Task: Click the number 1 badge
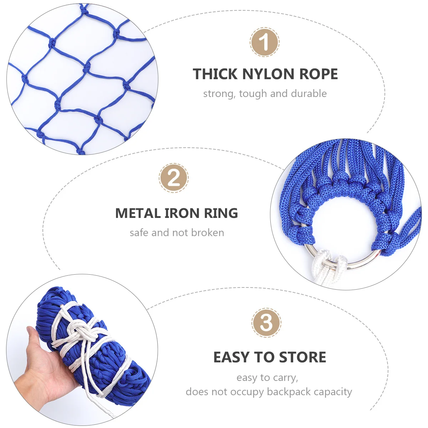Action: point(264,42)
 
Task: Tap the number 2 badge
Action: point(174,178)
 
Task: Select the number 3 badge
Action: point(266,323)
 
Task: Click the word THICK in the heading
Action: point(215,74)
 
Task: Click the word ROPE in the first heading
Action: point(319,74)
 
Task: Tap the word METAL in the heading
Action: point(138,213)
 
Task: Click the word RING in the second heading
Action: point(221,213)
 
